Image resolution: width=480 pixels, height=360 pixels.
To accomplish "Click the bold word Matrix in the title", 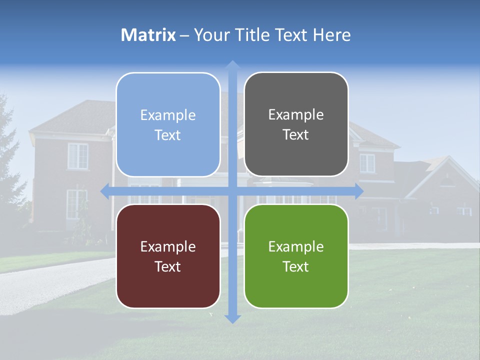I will click(x=148, y=35).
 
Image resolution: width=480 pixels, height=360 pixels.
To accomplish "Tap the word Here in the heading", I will click(x=332, y=35).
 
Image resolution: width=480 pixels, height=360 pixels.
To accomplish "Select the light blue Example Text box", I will click(x=168, y=125).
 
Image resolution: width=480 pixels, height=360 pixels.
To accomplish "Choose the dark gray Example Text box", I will click(x=296, y=124).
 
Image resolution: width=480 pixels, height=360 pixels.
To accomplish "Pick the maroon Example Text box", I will click(x=168, y=256).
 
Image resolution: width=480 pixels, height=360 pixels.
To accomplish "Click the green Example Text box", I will click(x=296, y=256).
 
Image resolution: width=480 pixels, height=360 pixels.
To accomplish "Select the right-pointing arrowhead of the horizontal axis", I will click(x=358, y=191).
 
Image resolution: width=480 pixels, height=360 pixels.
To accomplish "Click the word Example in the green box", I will click(x=296, y=246).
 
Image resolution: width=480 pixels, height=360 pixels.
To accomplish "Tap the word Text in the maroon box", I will click(x=168, y=266).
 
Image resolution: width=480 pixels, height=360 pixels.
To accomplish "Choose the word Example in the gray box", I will click(x=296, y=115).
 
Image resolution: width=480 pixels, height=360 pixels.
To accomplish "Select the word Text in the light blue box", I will click(x=168, y=135).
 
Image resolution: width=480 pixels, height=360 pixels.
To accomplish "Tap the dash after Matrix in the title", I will click(x=184, y=35).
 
